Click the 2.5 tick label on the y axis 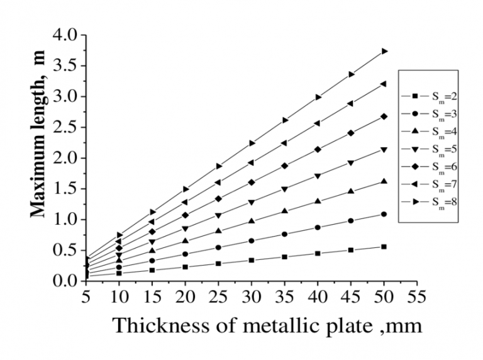[x=65, y=127]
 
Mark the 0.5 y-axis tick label [x=65, y=250]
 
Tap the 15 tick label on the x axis [x=152, y=295]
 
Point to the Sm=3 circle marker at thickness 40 [x=318, y=228]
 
